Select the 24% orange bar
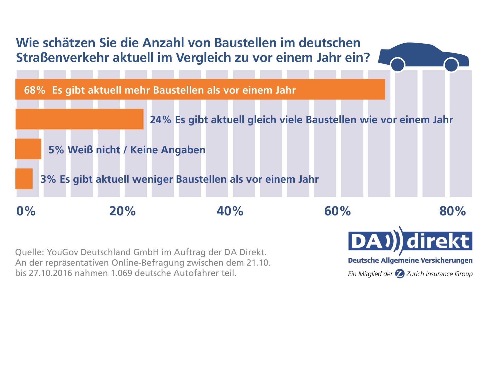(80, 119)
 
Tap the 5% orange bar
(28, 149)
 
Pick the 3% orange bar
(24, 179)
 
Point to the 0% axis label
(26, 211)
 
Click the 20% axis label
(122, 211)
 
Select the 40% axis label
(230, 211)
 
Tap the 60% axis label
(337, 211)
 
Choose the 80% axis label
(453, 211)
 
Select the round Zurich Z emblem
(400, 274)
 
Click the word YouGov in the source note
(63, 252)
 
